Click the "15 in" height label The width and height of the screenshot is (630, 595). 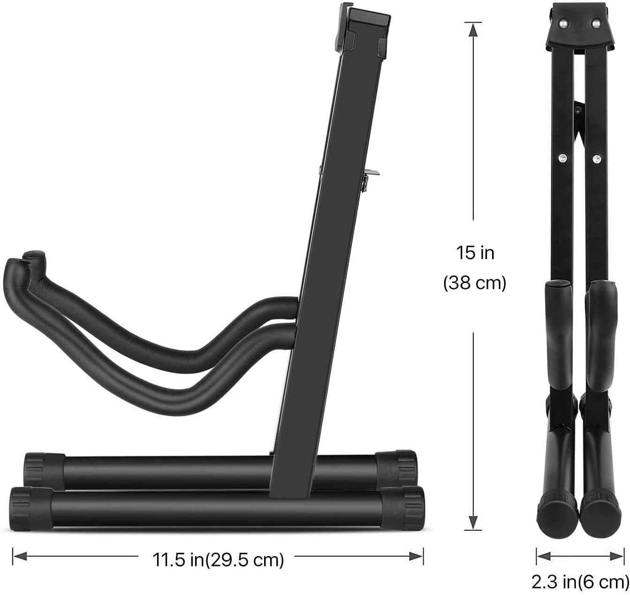[x=475, y=253]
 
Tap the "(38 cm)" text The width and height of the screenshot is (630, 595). [x=475, y=283]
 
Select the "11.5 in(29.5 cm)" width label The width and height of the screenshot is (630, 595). [x=218, y=559]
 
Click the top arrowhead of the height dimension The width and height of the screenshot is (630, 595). [x=473, y=30]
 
